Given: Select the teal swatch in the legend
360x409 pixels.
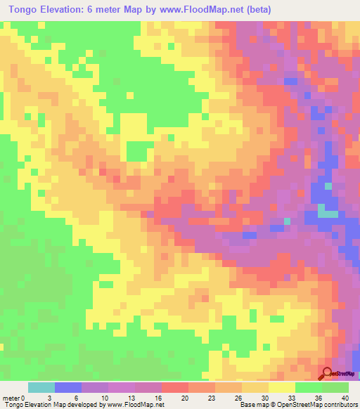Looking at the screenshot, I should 41,388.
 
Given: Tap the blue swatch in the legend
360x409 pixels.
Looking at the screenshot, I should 68,388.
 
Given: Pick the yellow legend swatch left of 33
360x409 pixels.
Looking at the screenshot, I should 282,388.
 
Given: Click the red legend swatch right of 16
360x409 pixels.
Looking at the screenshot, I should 175,388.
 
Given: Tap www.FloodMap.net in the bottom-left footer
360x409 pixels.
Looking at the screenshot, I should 136,404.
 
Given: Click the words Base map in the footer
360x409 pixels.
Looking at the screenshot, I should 251,404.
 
